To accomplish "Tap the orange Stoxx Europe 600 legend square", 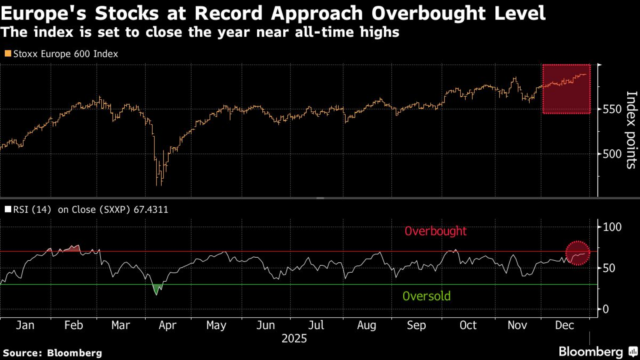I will click(8, 53).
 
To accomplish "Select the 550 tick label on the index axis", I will click(612, 109).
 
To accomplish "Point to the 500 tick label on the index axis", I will click(612, 154).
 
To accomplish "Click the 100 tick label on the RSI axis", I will click(612, 227).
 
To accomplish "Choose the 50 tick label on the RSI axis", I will click(609, 268).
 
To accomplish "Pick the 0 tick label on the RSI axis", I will click(605, 309).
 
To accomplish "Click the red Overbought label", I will click(435, 231).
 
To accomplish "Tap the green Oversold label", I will click(426, 296).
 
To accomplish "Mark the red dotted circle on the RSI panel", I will click(578, 253).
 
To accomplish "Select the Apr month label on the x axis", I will click(167, 325).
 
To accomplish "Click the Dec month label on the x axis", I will click(564, 325).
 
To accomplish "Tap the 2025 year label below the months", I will click(294, 339).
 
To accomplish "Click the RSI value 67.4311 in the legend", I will click(151, 210).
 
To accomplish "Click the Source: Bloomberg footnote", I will click(52, 353).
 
